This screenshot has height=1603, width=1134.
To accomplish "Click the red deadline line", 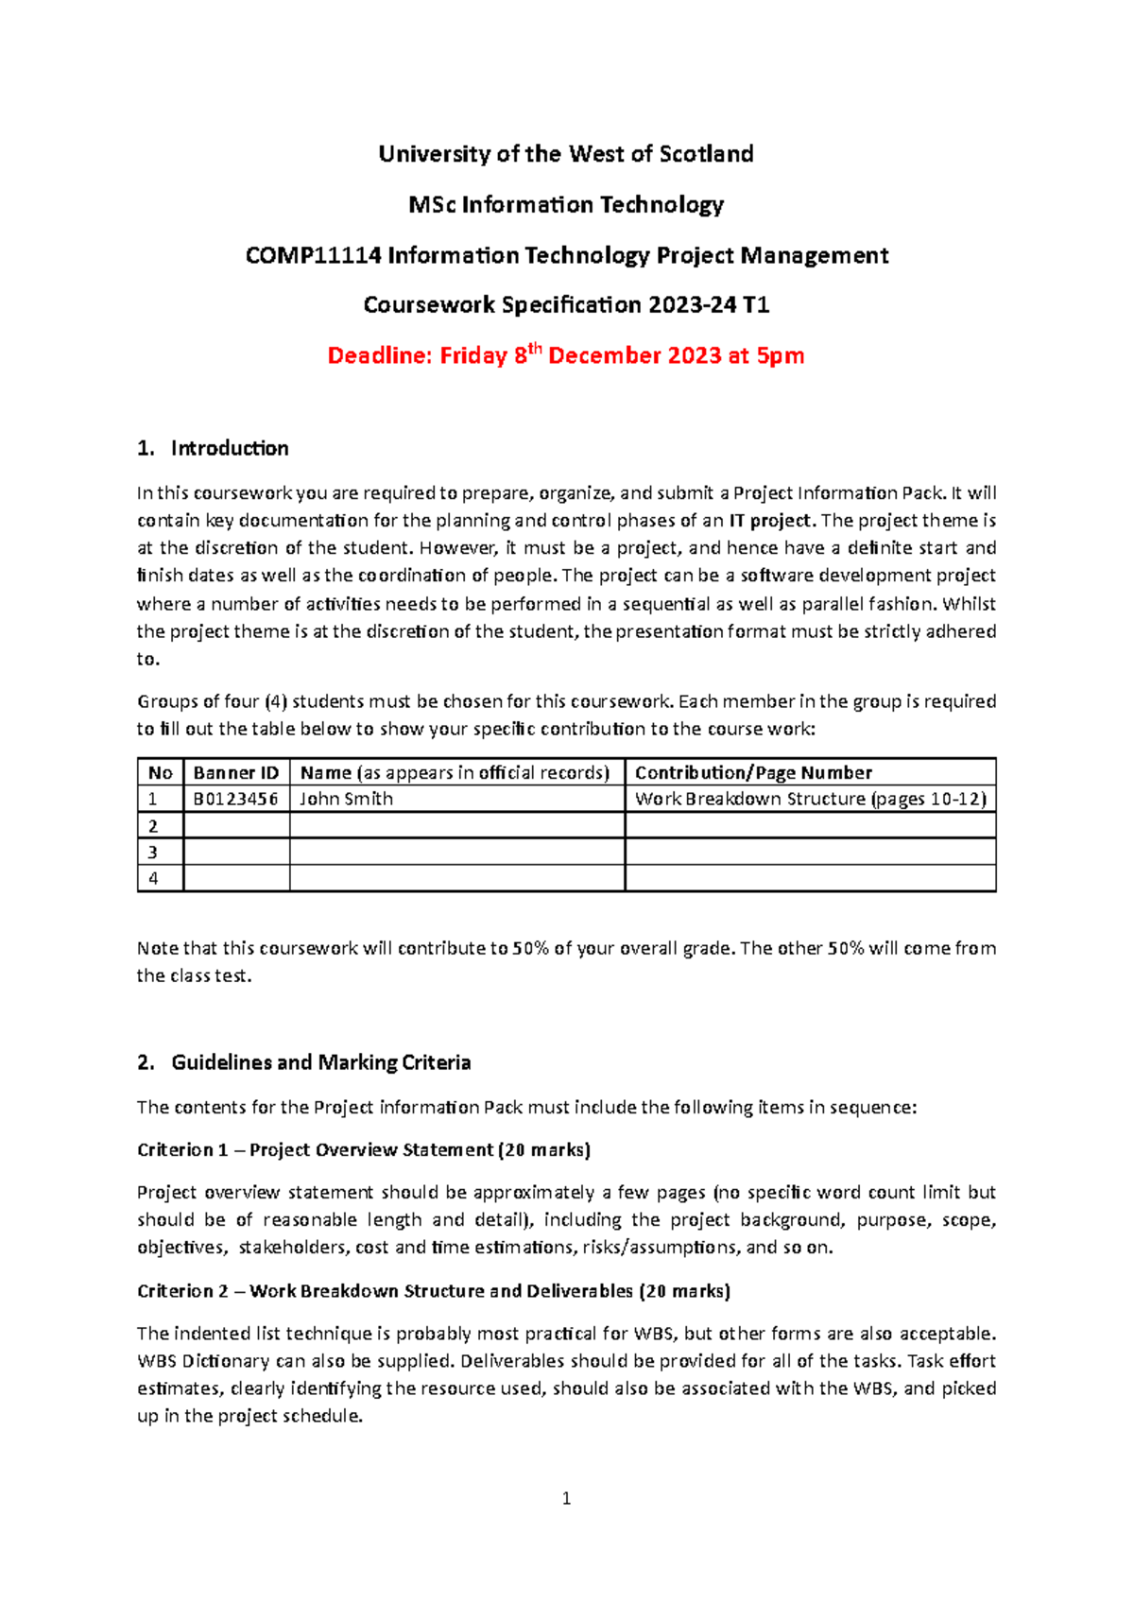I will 565,356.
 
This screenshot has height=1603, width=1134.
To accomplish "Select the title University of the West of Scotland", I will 566,154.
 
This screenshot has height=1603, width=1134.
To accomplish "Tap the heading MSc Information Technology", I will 566,205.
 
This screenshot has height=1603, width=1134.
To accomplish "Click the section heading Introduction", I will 230,449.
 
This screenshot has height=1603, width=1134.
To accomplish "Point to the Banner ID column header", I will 236,772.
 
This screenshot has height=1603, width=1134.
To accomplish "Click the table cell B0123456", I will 236,799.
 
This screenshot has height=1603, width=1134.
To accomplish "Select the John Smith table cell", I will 347,799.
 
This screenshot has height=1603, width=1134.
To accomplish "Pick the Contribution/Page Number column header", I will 753,772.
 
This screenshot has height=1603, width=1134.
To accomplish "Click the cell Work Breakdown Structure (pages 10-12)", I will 810,799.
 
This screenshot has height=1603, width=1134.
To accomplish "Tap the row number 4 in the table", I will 153,878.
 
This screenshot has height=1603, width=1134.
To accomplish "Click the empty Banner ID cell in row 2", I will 236,825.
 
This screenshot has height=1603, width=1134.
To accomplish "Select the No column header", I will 160,772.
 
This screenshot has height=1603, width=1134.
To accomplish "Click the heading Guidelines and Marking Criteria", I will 320,1063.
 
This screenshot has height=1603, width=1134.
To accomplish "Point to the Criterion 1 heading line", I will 364,1150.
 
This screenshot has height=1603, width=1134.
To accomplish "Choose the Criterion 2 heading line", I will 434,1291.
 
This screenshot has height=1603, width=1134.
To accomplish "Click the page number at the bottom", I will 566,1498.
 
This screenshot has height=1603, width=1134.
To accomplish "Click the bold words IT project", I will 770,521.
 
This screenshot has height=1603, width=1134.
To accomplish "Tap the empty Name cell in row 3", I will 456,852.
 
